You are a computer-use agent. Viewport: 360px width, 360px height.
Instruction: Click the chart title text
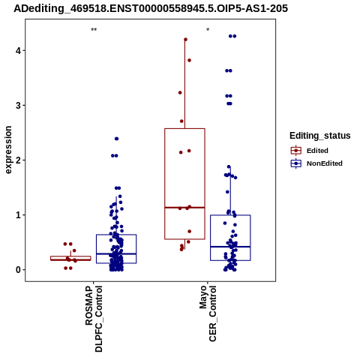151,8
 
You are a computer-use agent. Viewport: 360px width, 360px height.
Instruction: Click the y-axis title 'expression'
8,150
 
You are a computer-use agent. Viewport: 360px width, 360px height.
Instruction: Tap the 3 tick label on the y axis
18,106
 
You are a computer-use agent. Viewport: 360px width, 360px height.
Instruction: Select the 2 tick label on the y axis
18,160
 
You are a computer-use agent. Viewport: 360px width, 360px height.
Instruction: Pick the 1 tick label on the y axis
18,215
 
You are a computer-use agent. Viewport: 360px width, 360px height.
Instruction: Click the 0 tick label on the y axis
18,270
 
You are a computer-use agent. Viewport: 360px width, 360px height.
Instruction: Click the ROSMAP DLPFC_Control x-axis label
94,319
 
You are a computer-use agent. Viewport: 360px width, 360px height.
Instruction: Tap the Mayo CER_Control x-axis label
208,313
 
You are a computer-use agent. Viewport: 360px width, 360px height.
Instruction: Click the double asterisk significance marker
94,30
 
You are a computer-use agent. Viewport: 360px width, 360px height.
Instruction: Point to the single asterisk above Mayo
208,30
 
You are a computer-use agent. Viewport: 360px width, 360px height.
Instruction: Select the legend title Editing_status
320,136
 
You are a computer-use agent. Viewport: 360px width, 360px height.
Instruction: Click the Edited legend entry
310,151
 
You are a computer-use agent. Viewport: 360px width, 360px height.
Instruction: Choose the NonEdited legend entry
316,163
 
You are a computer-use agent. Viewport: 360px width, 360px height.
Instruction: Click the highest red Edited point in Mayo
185,40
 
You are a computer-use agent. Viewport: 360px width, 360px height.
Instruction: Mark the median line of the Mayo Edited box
184,208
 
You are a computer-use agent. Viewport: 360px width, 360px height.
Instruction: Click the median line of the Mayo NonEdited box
230,247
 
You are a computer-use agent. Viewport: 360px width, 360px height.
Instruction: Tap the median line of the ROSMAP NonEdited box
116,253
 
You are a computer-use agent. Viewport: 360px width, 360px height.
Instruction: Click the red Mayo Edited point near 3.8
189,60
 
